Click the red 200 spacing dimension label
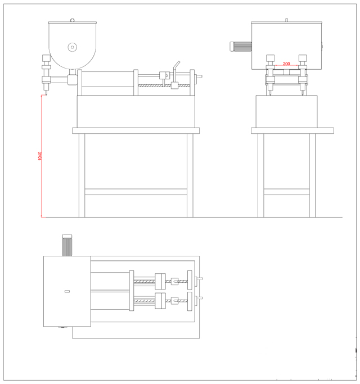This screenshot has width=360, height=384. pos(286,64)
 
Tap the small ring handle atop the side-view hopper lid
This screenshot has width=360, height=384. pos(72,21)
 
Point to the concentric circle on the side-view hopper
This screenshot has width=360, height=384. pos(72,47)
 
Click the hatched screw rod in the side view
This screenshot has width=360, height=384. pos(153,85)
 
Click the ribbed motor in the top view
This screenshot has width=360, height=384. pos(66,245)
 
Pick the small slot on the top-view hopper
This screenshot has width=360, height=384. pos(66,291)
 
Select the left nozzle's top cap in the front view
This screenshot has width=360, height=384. pos(270,57)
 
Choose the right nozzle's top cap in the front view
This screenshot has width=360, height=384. pos(303,57)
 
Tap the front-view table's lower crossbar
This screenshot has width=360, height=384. pos(286,192)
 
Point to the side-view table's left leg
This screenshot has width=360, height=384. pos(82,175)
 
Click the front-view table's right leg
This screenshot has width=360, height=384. pos(312,175)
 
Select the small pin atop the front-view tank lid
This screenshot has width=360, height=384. pos(287,20)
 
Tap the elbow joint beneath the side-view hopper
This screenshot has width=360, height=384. pos(72,79)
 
